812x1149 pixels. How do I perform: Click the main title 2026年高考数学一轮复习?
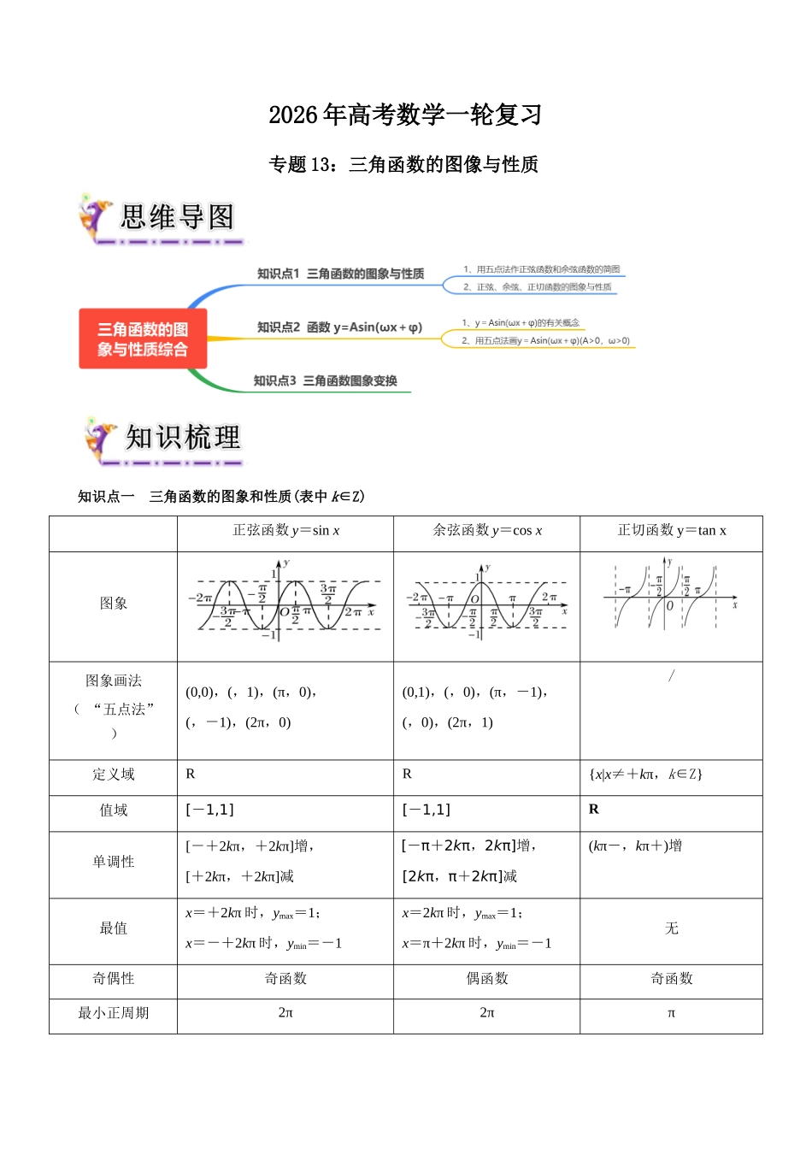tap(405, 115)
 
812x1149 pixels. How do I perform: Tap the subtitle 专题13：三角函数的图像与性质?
tap(403, 164)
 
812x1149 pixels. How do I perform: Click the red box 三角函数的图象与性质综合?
tap(143, 339)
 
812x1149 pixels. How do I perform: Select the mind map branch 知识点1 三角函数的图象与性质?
tap(340, 274)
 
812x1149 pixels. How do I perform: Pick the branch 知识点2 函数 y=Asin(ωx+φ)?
tap(339, 327)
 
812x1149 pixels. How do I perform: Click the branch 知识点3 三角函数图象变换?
tap(325, 380)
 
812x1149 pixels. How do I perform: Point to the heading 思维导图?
tap(177, 217)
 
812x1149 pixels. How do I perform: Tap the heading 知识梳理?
tap(183, 438)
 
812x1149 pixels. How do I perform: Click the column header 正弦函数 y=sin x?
tap(285, 531)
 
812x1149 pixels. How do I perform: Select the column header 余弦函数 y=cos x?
tap(487, 531)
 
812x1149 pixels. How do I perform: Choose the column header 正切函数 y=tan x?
tap(672, 531)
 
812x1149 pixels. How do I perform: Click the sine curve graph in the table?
tap(285, 604)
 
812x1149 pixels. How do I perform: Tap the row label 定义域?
tap(114, 775)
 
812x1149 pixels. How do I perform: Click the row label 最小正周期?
tap(114, 1013)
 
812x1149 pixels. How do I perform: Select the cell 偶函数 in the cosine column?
tap(487, 978)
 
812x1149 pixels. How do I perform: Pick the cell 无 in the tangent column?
tap(672, 928)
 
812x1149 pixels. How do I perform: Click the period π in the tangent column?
tap(672, 1013)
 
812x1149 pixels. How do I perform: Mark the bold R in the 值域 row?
tap(594, 810)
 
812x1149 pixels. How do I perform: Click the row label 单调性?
tap(114, 862)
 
